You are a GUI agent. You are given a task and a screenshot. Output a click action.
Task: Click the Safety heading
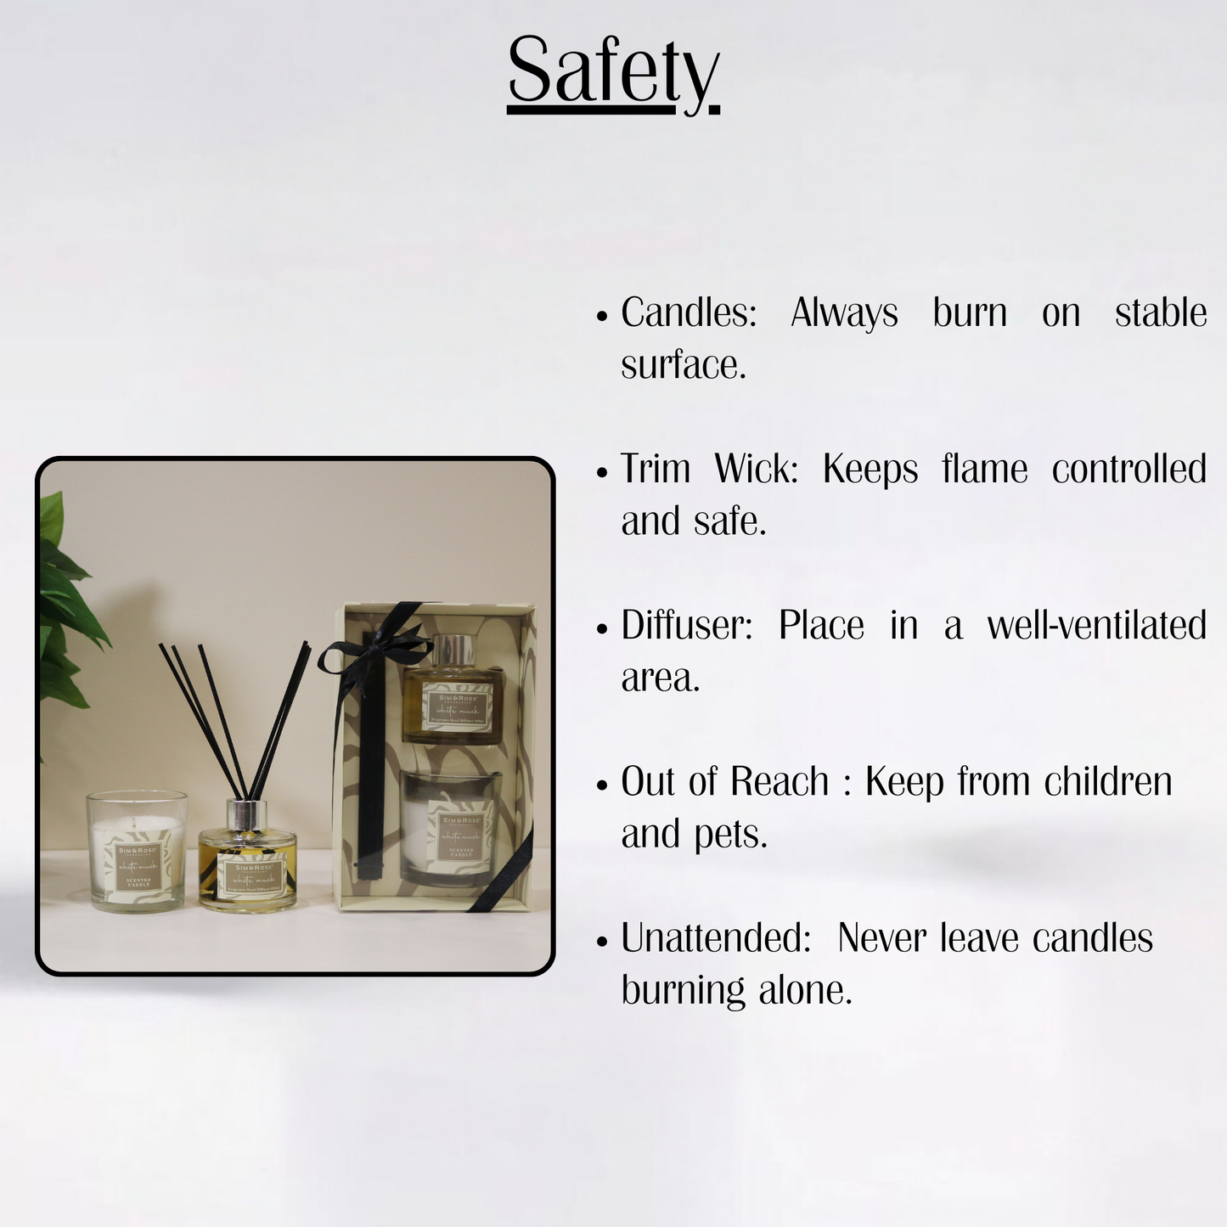(613, 71)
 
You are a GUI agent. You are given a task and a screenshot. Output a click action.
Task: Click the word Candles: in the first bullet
(688, 313)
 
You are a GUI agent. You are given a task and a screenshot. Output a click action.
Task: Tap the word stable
(1160, 313)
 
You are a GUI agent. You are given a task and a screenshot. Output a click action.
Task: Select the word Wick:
(756, 470)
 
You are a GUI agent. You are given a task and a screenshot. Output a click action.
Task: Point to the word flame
(984, 470)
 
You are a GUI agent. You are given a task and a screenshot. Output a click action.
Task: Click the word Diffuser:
(686, 626)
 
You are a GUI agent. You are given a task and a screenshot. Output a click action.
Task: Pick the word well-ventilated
(1096, 626)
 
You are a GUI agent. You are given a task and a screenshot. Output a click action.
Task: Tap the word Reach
(780, 782)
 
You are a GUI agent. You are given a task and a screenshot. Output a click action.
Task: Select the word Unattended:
(716, 938)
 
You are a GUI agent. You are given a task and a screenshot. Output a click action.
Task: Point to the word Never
(881, 938)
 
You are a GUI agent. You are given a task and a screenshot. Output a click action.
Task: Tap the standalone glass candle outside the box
(137, 852)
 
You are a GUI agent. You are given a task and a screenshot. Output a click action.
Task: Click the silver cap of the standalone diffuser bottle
(247, 814)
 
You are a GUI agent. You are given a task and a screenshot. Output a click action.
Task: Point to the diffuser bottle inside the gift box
(453, 691)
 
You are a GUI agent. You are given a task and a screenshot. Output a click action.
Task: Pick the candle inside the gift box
(448, 828)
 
